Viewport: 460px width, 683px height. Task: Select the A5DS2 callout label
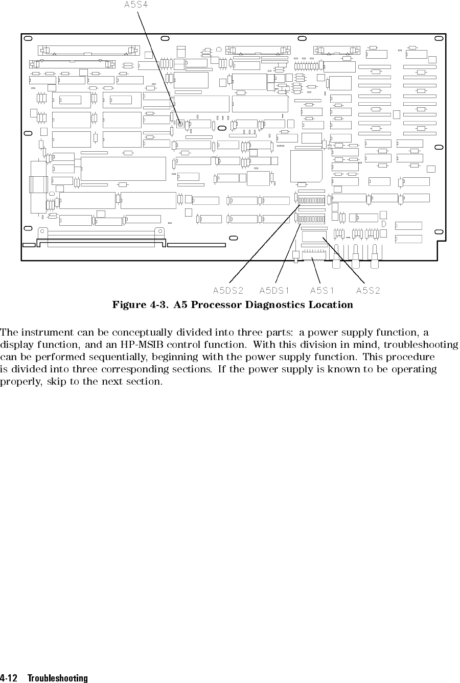[x=228, y=291]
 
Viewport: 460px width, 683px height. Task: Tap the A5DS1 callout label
[x=274, y=291]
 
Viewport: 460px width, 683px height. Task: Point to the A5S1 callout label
[x=323, y=291]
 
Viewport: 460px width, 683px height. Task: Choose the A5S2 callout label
[x=368, y=291]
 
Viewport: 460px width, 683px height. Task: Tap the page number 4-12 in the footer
[x=9, y=678]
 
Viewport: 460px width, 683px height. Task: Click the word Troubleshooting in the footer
[x=58, y=678]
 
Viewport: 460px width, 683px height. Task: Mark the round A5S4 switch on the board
[x=180, y=124]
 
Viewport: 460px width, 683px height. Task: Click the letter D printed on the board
[x=383, y=224]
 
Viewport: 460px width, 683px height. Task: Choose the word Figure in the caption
[x=130, y=305]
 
